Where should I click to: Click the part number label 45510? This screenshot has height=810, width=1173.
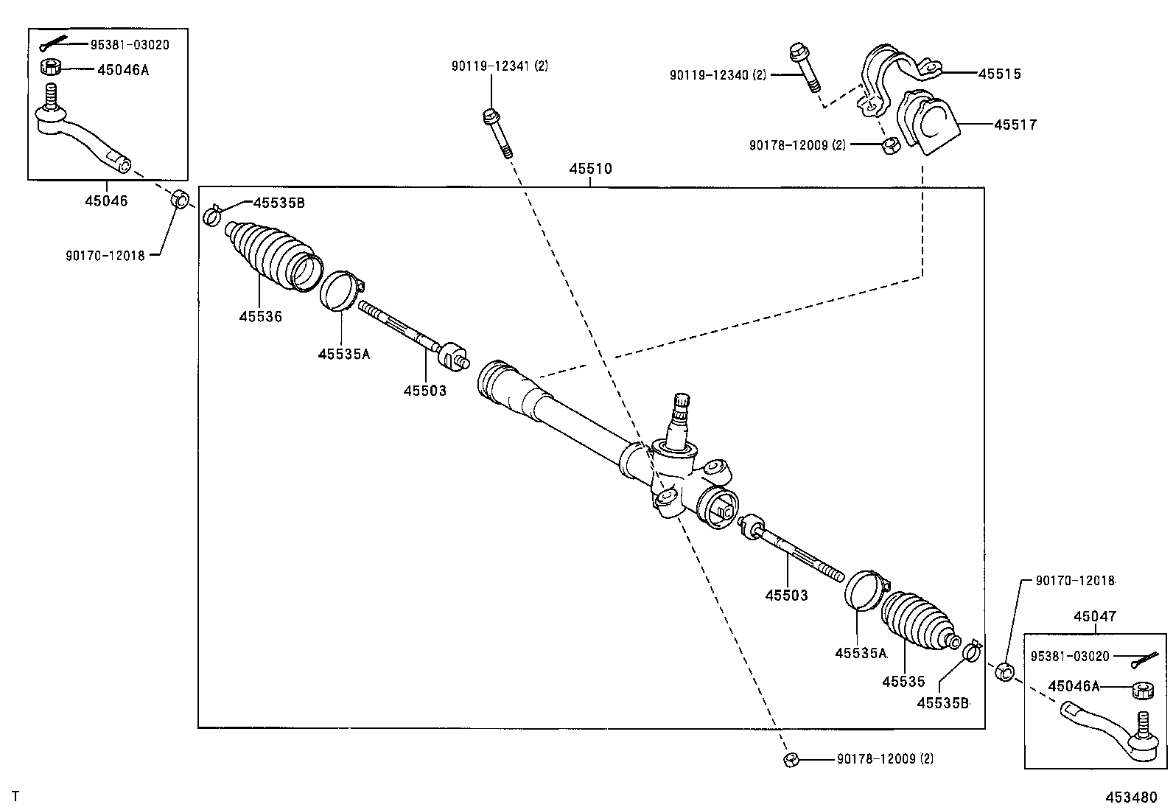(590, 169)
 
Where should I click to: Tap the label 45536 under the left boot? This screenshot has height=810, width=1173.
(260, 316)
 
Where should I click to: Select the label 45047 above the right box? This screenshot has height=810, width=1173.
(1094, 616)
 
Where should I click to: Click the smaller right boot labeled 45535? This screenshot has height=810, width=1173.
(917, 623)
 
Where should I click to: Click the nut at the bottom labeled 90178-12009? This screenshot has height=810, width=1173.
(790, 760)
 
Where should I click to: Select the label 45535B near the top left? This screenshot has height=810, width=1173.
(279, 202)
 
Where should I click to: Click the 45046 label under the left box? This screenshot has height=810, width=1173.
(106, 200)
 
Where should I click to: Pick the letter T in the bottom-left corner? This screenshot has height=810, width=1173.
(14, 796)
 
